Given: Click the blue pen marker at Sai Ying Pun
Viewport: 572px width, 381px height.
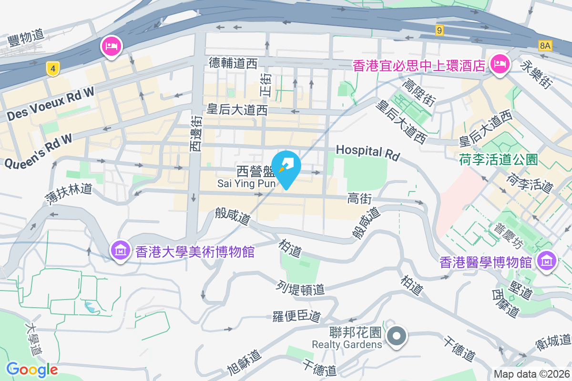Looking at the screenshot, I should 286,167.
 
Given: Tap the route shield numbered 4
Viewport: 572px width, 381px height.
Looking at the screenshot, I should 53,69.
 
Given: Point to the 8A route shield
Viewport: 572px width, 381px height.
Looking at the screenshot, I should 545,46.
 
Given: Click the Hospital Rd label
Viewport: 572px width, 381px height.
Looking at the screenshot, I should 367,152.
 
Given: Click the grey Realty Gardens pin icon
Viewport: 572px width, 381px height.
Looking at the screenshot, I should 397,336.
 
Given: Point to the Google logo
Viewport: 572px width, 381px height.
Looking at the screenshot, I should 32,369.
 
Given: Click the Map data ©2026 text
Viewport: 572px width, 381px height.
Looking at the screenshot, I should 531,374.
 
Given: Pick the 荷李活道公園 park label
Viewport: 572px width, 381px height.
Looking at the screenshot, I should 499,159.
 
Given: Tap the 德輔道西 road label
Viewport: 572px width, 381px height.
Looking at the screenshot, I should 233,63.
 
